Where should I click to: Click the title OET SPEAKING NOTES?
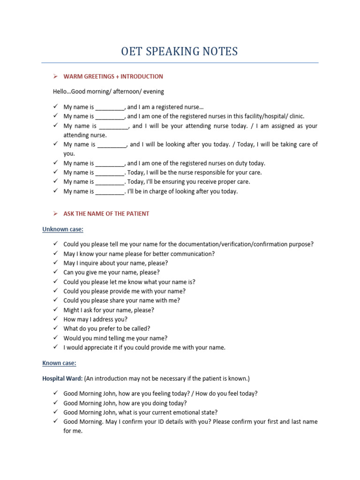(180, 51)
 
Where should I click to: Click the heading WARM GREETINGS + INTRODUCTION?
(113, 76)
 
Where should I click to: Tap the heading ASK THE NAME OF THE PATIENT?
(106, 214)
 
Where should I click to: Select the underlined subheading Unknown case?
(63, 229)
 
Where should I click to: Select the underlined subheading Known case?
(59, 363)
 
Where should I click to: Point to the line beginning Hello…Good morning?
(109, 91)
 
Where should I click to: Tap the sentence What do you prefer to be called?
(107, 329)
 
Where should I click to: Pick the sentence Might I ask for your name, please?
(109, 310)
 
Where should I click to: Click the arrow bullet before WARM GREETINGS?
(55, 76)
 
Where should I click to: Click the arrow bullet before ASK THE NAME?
(55, 214)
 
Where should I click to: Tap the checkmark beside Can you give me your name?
(55, 272)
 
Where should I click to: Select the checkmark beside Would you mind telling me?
(55, 338)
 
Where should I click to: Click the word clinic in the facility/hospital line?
(295, 116)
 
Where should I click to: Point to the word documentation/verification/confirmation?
(241, 244)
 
